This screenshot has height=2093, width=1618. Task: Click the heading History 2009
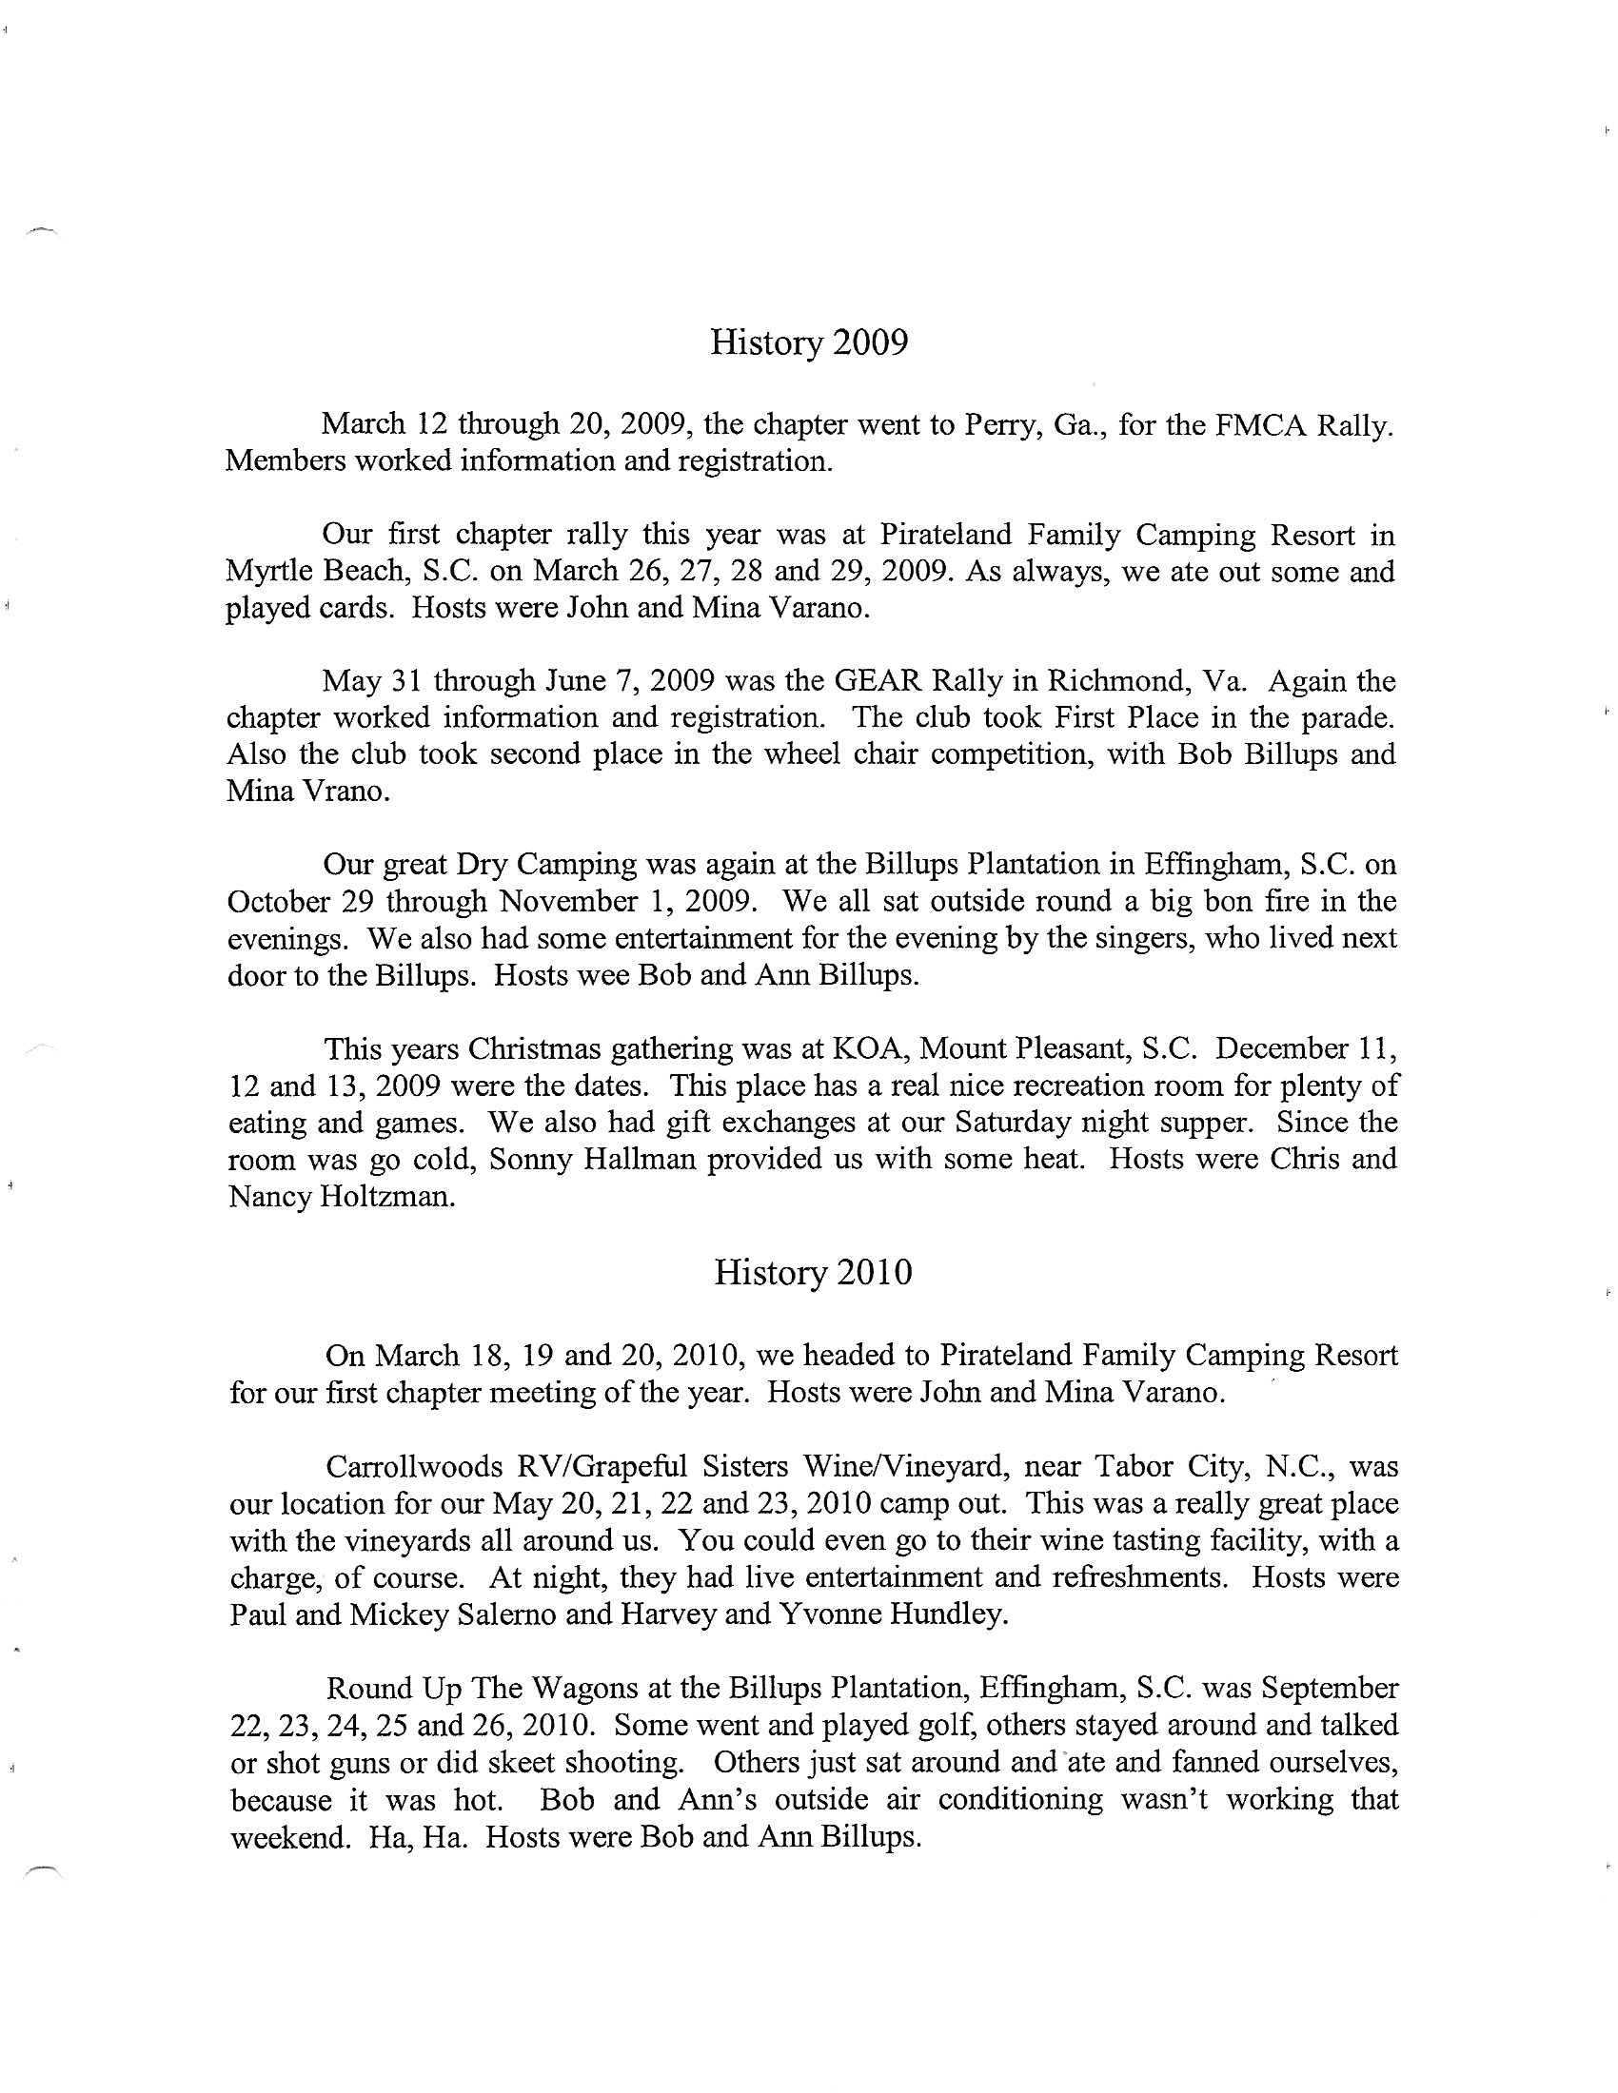pos(808,343)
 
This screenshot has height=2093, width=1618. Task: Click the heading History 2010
pos(813,1273)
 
